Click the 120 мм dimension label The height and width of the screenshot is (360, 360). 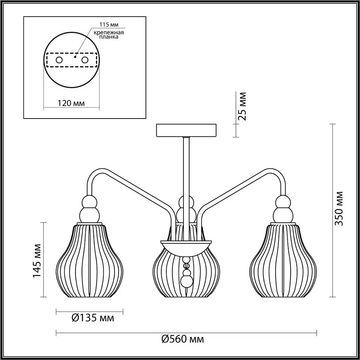click(71, 103)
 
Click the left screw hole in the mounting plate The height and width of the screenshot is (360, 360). click(59, 60)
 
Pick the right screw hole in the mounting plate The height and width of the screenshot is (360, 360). click(84, 60)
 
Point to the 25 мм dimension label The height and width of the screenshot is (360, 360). click(242, 106)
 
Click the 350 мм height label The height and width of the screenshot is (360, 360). click(338, 208)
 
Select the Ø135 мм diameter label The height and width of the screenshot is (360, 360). click(92, 318)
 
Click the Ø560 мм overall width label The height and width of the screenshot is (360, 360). click(182, 339)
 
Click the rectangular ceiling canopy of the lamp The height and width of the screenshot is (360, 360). click(187, 130)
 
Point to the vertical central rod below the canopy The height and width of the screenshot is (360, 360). click(186, 165)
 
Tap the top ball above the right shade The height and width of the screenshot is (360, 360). click(283, 202)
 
